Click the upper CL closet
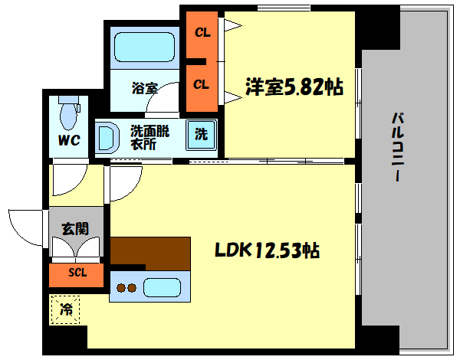(201, 34)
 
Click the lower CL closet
(201, 85)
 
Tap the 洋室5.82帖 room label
(294, 87)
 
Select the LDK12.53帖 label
(267, 250)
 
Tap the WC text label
(70, 141)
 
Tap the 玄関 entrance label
(75, 227)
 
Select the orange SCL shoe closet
(77, 273)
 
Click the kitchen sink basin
(161, 288)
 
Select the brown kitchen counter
(150, 251)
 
